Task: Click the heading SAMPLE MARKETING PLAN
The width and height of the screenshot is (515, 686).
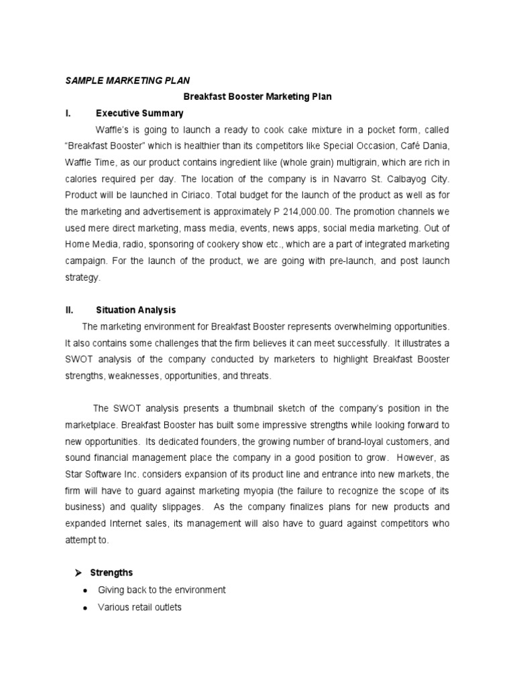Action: click(122, 80)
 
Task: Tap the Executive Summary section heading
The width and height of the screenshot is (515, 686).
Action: click(139, 113)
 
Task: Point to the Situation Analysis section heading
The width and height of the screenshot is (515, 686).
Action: click(135, 310)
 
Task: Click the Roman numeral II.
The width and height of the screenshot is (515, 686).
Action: click(68, 310)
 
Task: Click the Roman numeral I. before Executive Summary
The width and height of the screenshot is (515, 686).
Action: click(68, 113)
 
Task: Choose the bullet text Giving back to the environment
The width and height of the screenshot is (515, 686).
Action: click(162, 590)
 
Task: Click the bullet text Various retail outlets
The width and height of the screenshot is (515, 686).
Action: click(139, 607)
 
